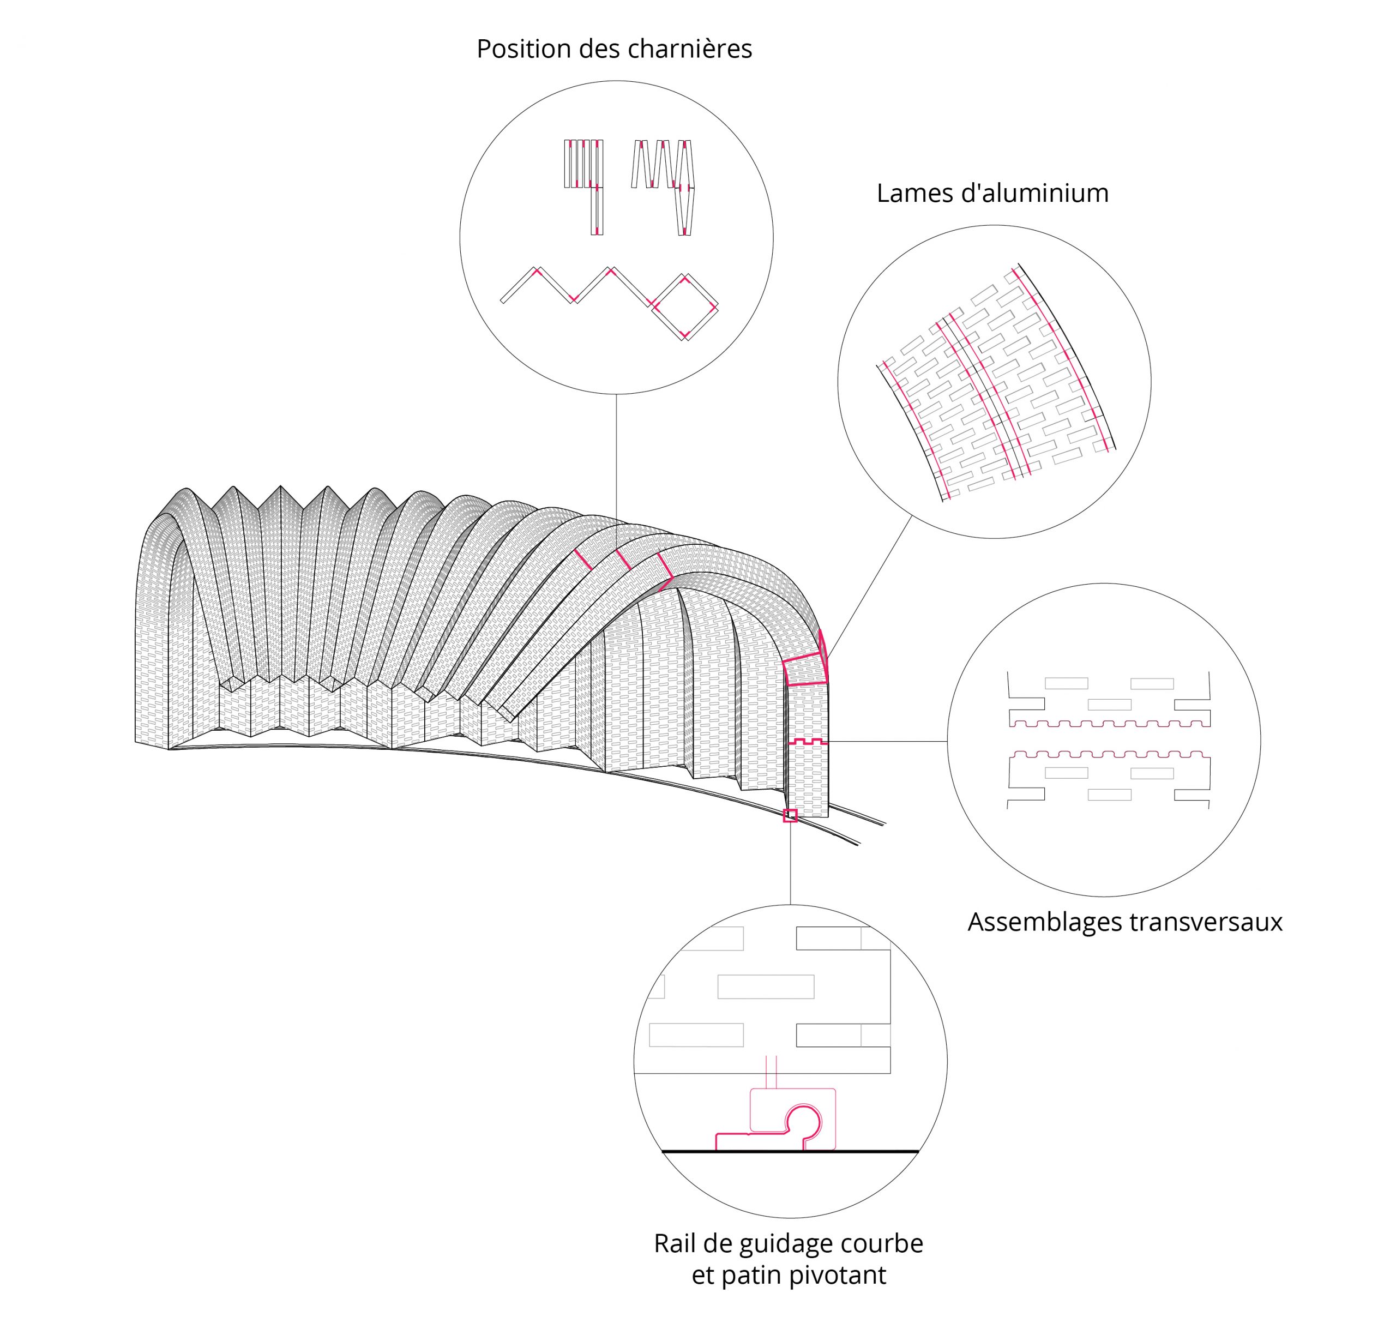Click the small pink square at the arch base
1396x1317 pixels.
pos(790,815)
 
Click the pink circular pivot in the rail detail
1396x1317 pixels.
pos(803,1122)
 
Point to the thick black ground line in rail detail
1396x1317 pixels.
pos(790,1151)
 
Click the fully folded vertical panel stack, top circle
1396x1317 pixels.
pos(583,164)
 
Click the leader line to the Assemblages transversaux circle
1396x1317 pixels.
pos(888,741)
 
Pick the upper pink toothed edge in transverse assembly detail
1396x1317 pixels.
pos(1110,724)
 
